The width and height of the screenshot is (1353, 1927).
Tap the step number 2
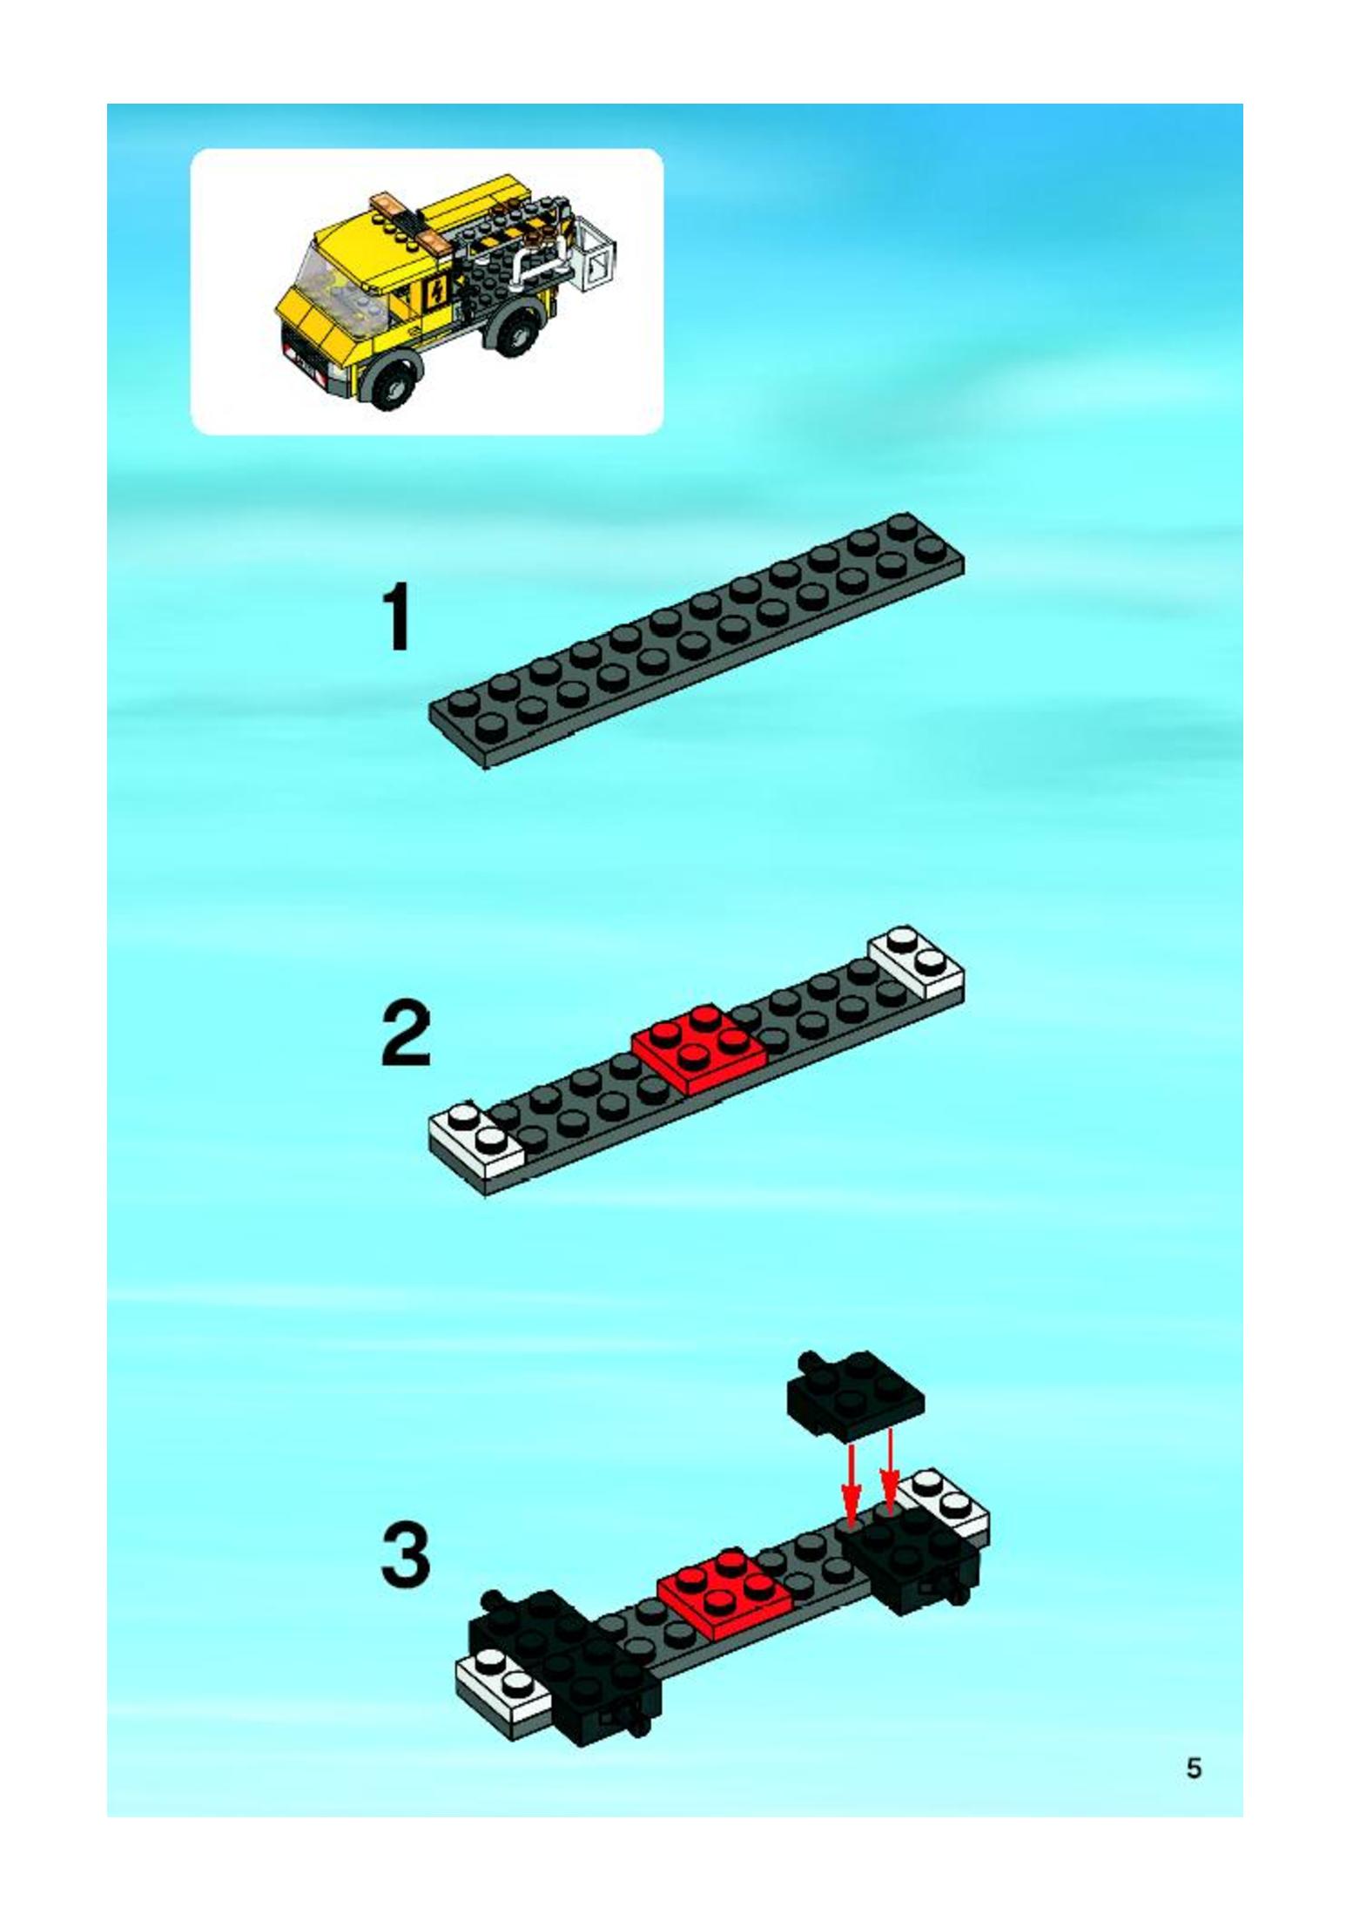(406, 1034)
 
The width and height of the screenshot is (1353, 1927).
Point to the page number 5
(1194, 1769)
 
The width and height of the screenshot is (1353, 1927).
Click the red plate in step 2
(699, 1048)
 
